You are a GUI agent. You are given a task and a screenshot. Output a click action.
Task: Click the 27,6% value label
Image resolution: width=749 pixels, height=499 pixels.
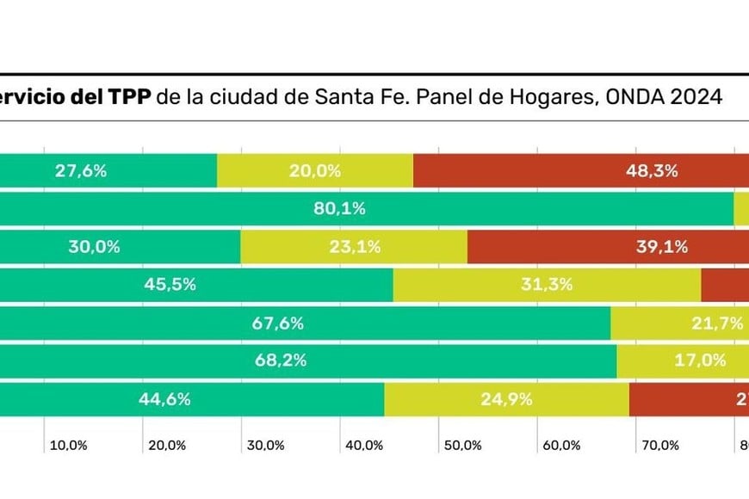81,170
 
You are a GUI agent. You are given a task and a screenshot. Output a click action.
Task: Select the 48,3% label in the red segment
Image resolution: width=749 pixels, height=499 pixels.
652,170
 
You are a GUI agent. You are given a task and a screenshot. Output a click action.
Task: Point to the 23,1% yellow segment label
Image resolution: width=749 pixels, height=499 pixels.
355,247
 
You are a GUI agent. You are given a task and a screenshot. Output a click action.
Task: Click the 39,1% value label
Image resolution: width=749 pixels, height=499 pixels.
662,247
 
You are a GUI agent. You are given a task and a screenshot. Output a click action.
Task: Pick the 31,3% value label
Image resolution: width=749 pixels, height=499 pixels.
547,285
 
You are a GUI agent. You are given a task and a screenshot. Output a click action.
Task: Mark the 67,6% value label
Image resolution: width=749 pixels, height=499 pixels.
278,323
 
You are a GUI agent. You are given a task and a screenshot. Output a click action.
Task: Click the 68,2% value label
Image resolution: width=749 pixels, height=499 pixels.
281,361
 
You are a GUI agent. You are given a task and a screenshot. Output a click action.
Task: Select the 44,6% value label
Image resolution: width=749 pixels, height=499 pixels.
164,399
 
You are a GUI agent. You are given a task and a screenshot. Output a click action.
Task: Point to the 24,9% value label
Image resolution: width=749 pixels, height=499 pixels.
506,399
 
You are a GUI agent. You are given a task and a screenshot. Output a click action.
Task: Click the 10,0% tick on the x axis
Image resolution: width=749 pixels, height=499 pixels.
68,446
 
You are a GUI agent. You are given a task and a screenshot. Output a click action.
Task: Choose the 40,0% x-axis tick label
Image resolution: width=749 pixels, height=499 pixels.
364,446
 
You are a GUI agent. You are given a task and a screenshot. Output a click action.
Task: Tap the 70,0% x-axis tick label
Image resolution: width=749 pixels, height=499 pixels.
660,446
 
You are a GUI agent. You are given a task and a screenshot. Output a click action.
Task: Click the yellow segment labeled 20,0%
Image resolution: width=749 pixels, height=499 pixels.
315,170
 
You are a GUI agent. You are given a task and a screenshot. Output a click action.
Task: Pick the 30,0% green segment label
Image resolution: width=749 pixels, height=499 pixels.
94,247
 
